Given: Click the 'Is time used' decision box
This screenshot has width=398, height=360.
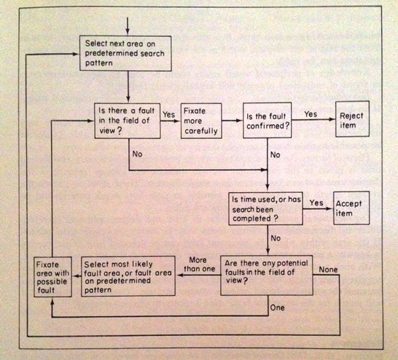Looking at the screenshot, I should tap(266, 206).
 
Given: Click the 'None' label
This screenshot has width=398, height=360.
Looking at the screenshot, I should tap(329, 270).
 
